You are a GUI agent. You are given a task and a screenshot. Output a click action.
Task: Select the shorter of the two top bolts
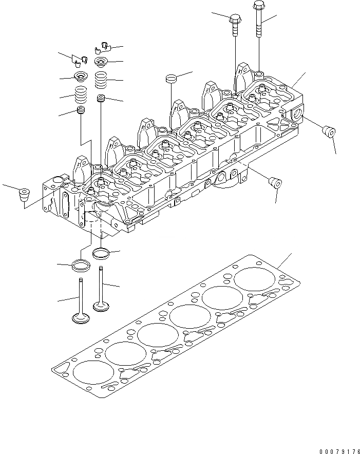click(235, 23)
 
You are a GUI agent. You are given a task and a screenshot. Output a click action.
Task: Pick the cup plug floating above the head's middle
click(171, 79)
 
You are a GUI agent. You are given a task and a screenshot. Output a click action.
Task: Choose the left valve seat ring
click(81, 266)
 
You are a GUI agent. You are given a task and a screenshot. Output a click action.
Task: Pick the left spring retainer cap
click(81, 78)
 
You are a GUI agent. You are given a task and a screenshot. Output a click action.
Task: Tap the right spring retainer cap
click(102, 62)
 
